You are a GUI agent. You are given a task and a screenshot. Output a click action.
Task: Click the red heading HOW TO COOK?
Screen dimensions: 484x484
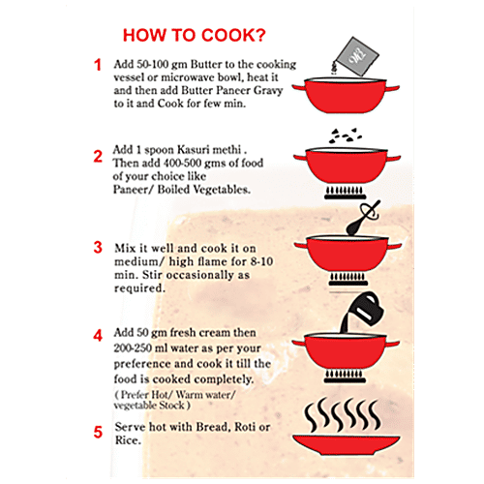click(195, 35)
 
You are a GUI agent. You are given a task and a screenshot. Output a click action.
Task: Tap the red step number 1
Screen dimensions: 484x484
click(98, 65)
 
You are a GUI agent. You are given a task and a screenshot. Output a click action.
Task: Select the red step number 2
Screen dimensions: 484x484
click(98, 157)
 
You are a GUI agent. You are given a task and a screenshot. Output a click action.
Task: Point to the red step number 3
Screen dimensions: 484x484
click(98, 248)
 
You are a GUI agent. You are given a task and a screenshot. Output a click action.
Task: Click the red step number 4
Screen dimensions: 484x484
click(98, 336)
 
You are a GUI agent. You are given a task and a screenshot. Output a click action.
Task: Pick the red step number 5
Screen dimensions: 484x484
click(98, 433)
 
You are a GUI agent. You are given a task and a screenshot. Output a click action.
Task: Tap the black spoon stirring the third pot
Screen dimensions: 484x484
click(361, 219)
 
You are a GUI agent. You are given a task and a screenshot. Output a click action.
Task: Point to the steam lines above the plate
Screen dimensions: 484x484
click(343, 415)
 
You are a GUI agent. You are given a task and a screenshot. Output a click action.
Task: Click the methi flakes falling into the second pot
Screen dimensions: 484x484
click(346, 136)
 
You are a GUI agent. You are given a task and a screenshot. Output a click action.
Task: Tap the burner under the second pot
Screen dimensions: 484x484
click(345, 193)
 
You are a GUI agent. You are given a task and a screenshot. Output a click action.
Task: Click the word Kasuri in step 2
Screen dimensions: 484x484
click(194, 150)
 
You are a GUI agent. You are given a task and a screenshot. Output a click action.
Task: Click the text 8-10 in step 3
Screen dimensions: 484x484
click(261, 261)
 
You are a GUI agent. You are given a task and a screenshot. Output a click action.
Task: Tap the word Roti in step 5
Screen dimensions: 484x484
click(245, 427)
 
